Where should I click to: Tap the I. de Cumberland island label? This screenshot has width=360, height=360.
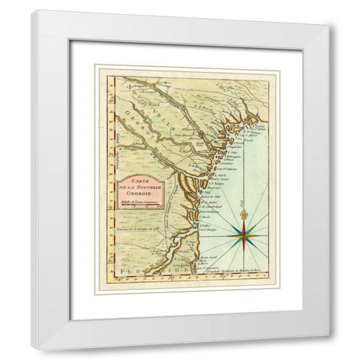click(217, 205)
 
